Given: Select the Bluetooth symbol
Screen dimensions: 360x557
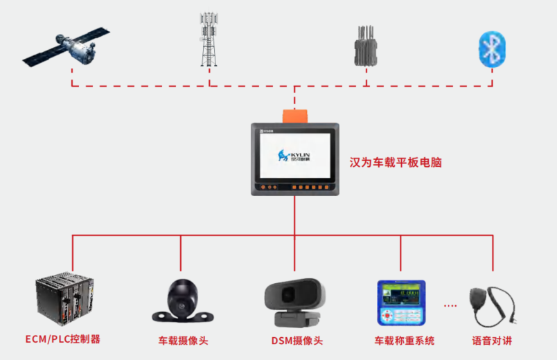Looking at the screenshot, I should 493,48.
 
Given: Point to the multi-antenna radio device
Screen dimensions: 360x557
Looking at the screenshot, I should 364,47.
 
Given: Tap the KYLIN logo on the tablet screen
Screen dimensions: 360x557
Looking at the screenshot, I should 294,156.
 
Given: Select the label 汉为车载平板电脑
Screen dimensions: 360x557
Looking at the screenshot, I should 395,163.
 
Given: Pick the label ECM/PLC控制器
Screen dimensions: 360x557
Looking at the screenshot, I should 63,339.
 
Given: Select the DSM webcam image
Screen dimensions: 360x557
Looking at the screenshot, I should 294,302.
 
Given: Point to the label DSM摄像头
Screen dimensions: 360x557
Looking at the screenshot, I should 297,341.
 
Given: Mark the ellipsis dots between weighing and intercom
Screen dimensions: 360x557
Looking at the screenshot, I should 450,305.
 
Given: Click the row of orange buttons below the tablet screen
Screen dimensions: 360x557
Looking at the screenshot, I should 308,187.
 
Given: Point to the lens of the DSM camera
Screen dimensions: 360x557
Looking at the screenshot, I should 288,296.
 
